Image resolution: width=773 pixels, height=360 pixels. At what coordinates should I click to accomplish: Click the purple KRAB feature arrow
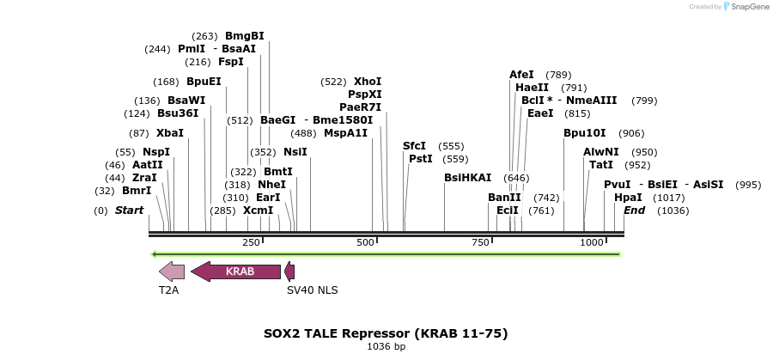236,272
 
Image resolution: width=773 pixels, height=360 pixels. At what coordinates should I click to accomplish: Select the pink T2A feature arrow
172,272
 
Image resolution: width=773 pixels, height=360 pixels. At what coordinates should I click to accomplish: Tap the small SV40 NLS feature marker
289,272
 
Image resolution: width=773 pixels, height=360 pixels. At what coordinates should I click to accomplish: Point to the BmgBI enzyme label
245,36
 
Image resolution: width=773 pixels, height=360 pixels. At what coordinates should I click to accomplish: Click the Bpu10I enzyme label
585,133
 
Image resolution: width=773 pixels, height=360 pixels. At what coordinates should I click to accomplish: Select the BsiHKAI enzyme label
468,178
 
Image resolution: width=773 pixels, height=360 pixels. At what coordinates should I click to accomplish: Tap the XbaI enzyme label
170,133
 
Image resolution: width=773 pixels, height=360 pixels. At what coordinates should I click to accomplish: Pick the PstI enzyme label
421,159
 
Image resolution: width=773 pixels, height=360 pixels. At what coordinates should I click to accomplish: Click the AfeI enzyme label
521,75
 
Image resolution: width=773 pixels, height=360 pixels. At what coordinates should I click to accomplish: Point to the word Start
130,211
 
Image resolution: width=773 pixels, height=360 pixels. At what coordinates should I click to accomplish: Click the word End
634,211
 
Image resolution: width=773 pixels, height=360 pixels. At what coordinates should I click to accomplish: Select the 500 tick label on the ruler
366,243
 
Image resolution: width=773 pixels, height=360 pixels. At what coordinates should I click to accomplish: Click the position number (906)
631,133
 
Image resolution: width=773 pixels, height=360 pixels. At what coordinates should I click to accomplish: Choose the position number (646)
516,178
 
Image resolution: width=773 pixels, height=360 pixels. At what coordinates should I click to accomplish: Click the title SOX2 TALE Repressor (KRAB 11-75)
386,333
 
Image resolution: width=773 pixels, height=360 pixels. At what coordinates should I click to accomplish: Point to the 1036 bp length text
386,346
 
